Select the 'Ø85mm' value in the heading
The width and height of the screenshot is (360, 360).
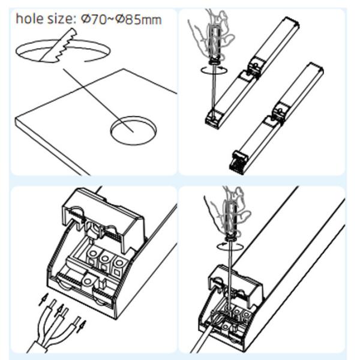click(x=139, y=19)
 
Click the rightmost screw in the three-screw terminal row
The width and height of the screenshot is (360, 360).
click(x=119, y=263)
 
